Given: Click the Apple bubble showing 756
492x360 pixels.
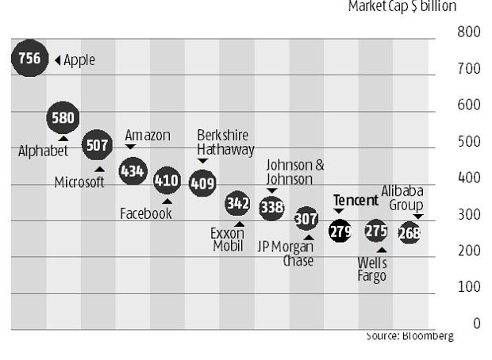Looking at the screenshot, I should tap(29, 59).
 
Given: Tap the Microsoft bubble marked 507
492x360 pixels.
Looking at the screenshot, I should tap(98, 146).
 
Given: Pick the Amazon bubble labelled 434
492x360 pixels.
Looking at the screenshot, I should tap(133, 170).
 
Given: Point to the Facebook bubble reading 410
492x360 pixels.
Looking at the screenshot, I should tap(167, 180).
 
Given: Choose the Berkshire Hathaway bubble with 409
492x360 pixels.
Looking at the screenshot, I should tap(202, 182).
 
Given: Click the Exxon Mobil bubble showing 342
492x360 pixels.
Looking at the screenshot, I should tap(238, 204).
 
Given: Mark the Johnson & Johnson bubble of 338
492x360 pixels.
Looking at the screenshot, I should tap(272, 207).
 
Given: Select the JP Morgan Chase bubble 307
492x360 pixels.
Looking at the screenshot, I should tap(306, 218).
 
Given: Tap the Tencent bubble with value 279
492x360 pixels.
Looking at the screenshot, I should tap(340, 232).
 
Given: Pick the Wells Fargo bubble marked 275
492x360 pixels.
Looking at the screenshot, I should tap(375, 231).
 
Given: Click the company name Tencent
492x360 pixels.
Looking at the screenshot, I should tap(356, 201).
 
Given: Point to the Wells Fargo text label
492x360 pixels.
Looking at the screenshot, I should tap(372, 269).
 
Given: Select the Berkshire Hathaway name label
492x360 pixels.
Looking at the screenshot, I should tap(225, 142).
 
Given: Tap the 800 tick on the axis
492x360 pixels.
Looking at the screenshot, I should tap(469, 33).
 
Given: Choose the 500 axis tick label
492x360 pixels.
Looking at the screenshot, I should tap(469, 141).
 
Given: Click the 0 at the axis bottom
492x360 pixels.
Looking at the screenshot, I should tap(477, 323).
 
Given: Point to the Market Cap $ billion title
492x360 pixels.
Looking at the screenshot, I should tap(402, 7).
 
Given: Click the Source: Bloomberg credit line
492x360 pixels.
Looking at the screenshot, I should tap(409, 336).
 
